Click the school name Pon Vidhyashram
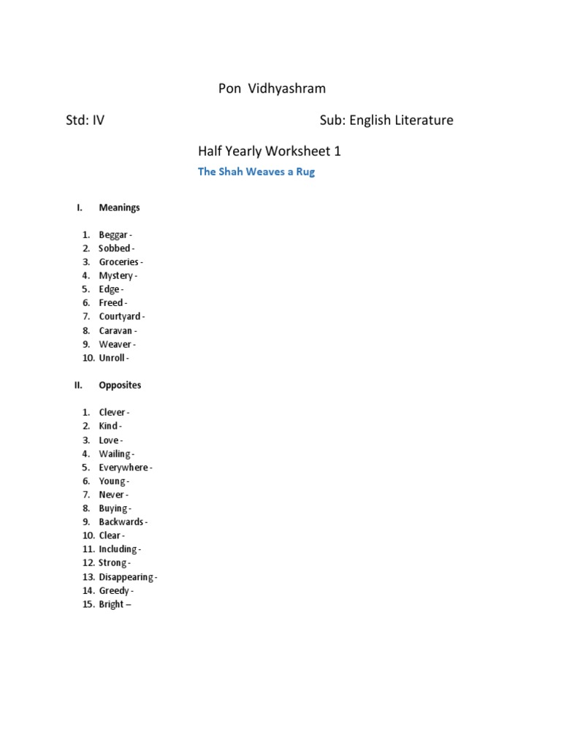[272, 88]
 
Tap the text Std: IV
[85, 120]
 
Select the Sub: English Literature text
[386, 120]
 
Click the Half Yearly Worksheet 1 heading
[270, 152]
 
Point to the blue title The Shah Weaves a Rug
[256, 172]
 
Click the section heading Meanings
[119, 207]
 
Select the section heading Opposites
[120, 385]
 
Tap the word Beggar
[113, 234]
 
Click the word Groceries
[118, 262]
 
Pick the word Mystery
[115, 276]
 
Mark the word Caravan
[115, 331]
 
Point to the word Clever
[112, 413]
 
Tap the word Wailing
[115, 454]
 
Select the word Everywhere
[123, 467]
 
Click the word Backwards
[121, 522]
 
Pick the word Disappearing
[126, 577]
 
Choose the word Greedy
[114, 591]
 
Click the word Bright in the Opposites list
[111, 605]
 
